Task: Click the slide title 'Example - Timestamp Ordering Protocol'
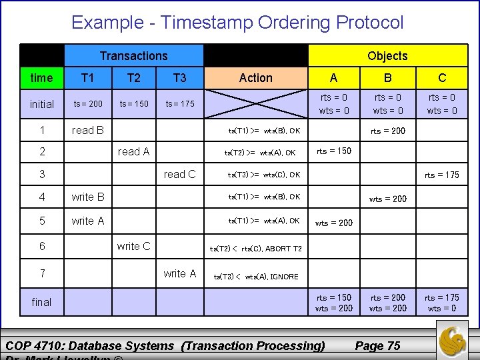[x=237, y=23]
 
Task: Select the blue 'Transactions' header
[x=133, y=56]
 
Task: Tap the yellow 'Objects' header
[x=387, y=56]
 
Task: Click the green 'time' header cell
[x=41, y=78]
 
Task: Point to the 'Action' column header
[x=256, y=78]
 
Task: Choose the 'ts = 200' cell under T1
[x=88, y=104]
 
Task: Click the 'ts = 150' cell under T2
[x=134, y=104]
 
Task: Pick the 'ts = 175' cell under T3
[x=180, y=104]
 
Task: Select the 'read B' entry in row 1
[x=87, y=130]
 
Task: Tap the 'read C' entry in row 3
[x=179, y=174]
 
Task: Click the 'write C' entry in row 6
[x=133, y=246]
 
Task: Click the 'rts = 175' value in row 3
[x=442, y=175]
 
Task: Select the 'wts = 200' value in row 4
[x=387, y=199]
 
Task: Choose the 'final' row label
[x=41, y=302]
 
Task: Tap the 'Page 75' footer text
[x=377, y=345]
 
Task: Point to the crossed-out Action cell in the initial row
[x=256, y=104]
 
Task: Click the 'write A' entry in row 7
[x=179, y=273]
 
